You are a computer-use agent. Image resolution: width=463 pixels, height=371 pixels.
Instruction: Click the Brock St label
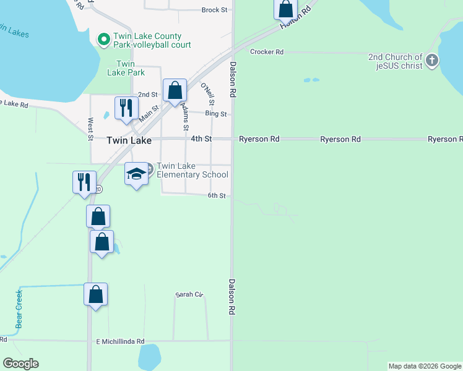click(215, 10)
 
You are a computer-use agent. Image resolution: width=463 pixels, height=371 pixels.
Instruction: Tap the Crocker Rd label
click(267, 52)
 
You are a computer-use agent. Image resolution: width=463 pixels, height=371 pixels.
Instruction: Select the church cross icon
click(432, 61)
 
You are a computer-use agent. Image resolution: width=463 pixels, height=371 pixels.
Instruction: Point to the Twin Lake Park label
click(126, 68)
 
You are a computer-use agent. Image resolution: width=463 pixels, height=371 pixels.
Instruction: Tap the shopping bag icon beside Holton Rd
click(285, 9)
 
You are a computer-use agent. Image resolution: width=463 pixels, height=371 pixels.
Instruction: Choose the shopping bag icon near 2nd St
click(175, 90)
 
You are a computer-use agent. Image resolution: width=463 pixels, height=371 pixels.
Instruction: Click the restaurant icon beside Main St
click(126, 108)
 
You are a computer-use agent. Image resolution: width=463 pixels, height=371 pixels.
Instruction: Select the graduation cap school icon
click(136, 174)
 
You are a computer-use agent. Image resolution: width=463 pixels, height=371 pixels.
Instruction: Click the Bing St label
click(216, 114)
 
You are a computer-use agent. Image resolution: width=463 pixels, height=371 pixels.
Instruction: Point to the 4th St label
click(201, 139)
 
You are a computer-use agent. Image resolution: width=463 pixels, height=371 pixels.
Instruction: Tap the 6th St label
click(216, 195)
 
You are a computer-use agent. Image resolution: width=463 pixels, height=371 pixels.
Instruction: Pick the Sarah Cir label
click(189, 294)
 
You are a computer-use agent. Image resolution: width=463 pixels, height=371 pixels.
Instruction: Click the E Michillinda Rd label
click(120, 341)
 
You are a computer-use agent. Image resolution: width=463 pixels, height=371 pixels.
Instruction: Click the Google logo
click(20, 364)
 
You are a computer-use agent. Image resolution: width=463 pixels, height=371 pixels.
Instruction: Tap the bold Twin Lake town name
click(129, 140)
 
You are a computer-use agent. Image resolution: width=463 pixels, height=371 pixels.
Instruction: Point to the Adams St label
click(185, 116)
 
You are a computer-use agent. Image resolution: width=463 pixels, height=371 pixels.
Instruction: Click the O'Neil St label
click(207, 93)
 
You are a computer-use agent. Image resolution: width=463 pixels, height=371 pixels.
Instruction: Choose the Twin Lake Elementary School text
click(193, 170)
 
